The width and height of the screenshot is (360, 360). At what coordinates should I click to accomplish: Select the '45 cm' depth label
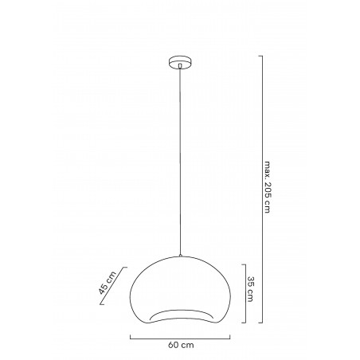[x=106, y=283]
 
